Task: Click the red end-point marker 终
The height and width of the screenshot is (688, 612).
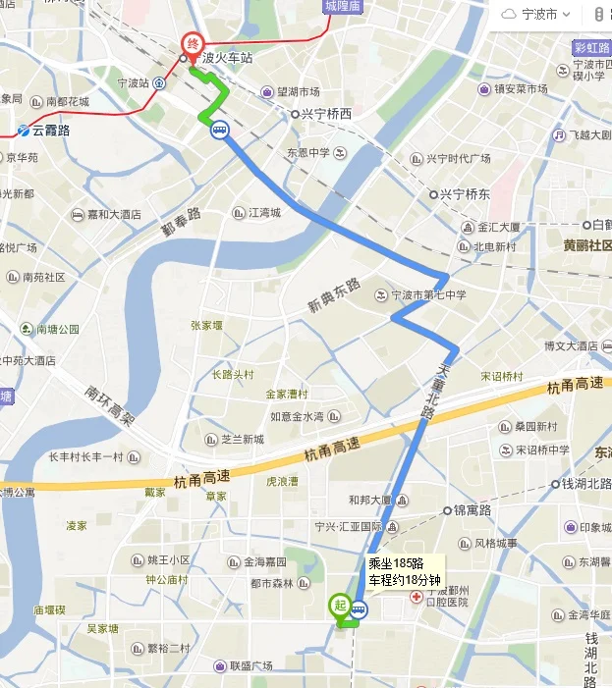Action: tap(193, 43)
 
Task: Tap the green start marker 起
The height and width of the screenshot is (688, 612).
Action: tap(340, 607)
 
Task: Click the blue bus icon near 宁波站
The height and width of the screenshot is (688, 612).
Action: tap(218, 129)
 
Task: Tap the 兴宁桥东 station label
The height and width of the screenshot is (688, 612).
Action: tap(465, 193)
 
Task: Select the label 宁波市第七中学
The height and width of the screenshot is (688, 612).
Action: tap(428, 295)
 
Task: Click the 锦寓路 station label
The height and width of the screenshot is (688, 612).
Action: tap(472, 510)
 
